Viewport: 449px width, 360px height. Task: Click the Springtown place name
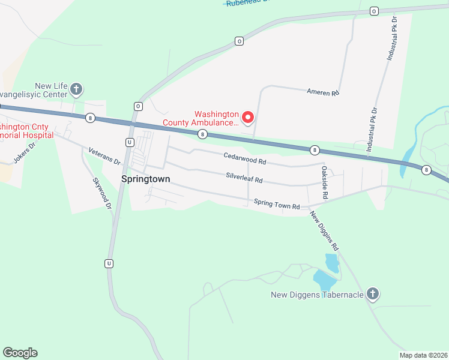click(x=145, y=179)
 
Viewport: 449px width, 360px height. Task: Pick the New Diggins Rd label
click(x=325, y=230)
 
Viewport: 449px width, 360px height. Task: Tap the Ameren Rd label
click(x=323, y=92)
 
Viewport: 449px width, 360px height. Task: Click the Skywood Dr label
click(x=103, y=193)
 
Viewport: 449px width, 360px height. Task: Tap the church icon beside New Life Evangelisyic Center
click(x=76, y=90)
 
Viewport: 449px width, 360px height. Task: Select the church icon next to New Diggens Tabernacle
click(x=373, y=294)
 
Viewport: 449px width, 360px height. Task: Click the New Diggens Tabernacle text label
click(x=317, y=295)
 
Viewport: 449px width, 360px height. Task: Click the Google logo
click(x=20, y=353)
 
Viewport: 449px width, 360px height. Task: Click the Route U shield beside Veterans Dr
click(x=129, y=142)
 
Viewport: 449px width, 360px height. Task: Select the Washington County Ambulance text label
click(x=200, y=118)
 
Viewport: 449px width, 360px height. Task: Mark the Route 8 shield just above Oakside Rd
click(x=314, y=149)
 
